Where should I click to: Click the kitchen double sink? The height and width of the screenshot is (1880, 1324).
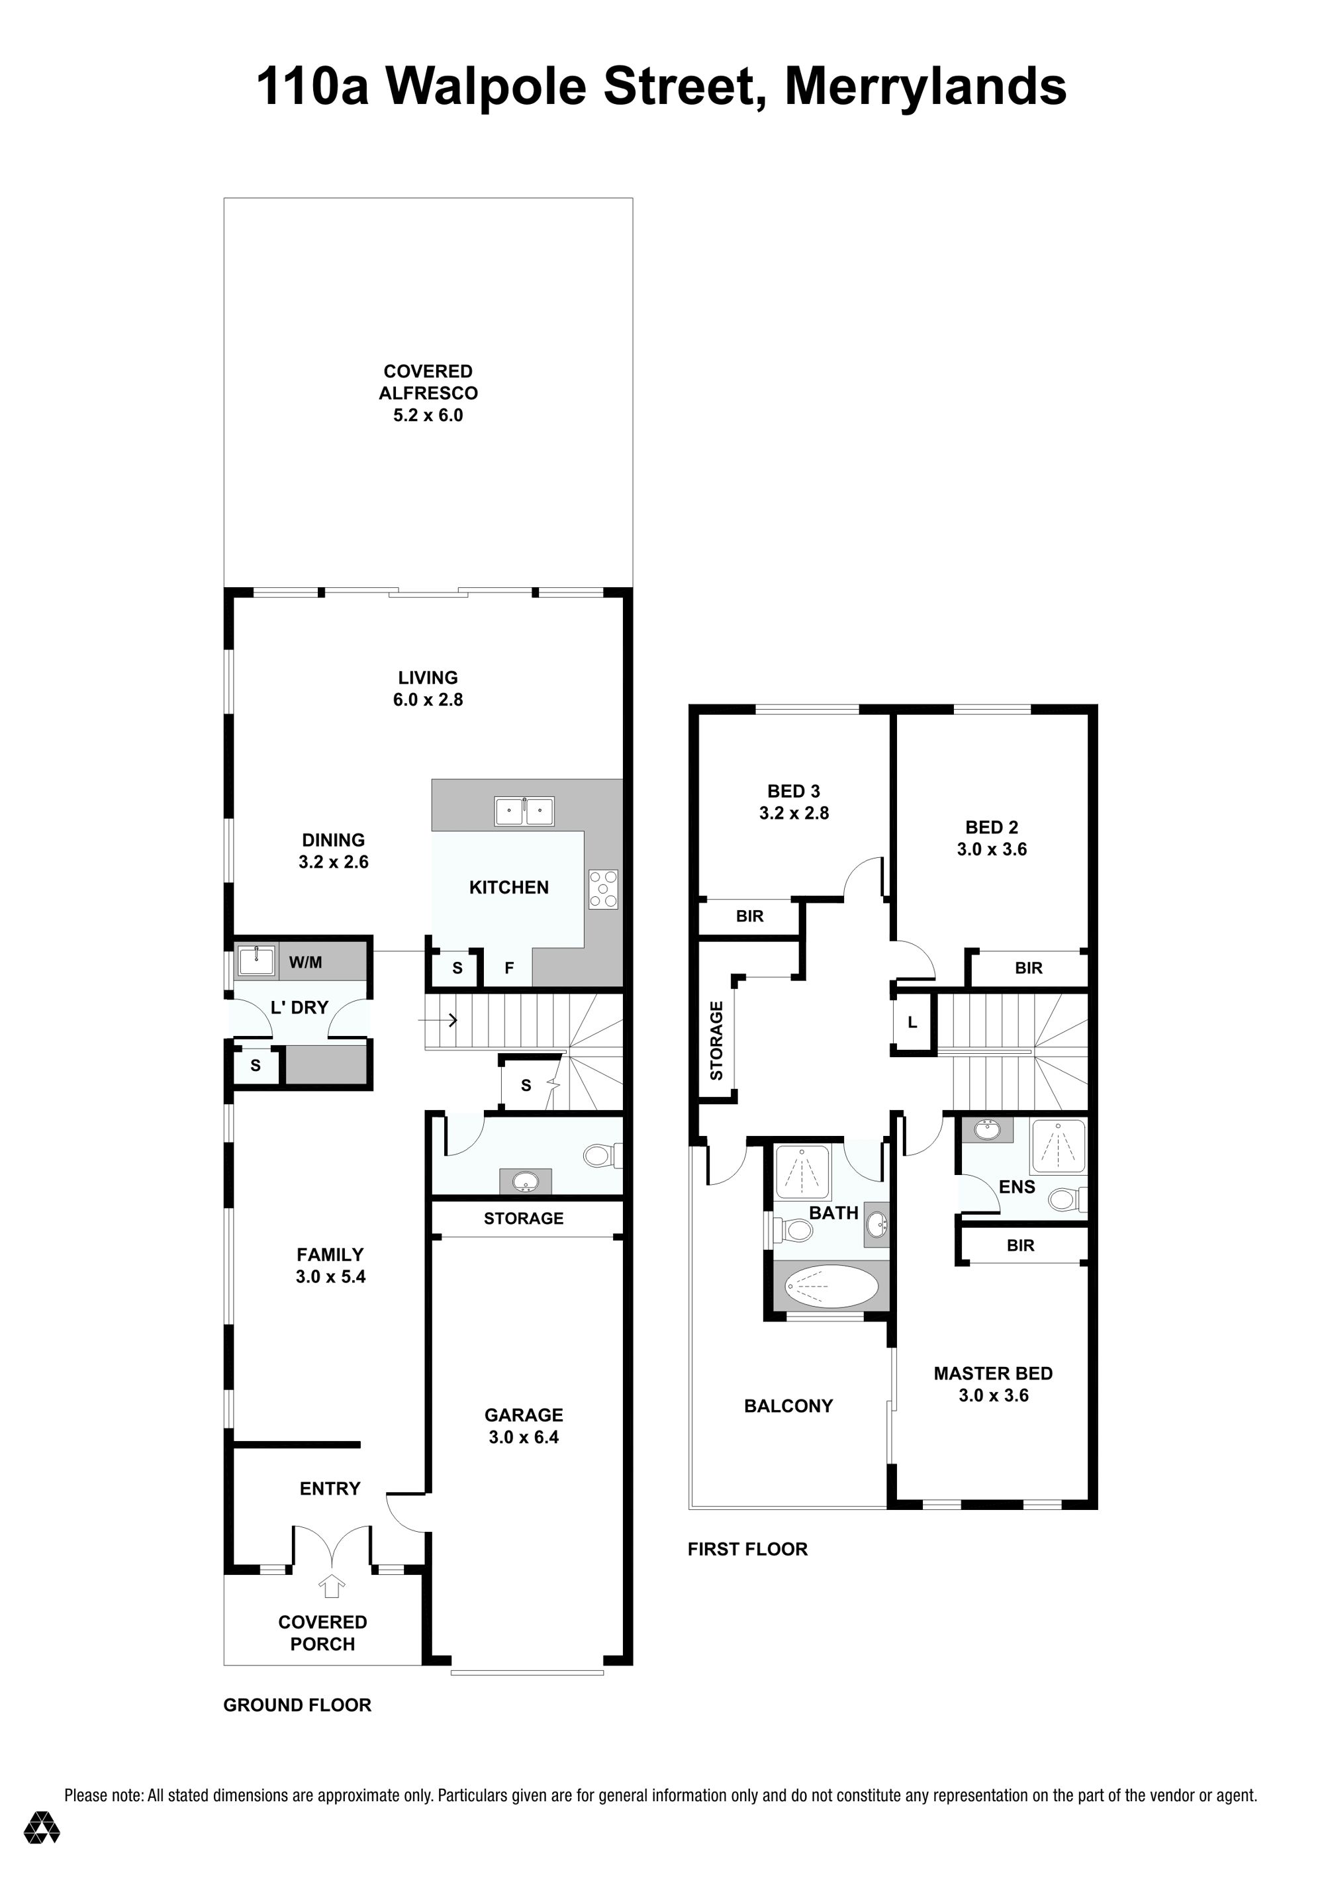coord(524,811)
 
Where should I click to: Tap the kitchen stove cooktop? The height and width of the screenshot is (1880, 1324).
coord(604,889)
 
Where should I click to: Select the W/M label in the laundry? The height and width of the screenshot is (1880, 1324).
coord(305,963)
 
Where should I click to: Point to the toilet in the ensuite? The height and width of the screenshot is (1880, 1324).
coord(1067,1199)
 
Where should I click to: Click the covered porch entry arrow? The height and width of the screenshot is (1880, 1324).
coord(331,1586)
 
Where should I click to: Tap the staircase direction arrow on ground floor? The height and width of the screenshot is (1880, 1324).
coord(437,1020)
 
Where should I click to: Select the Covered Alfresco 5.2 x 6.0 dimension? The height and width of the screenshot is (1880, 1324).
coord(428,415)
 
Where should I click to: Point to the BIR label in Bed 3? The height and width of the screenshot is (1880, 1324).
coord(750,916)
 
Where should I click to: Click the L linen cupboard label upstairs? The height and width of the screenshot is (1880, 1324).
coord(912,1023)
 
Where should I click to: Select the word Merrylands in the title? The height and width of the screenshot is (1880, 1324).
coord(926,87)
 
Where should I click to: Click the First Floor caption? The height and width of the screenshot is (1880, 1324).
coord(747,1549)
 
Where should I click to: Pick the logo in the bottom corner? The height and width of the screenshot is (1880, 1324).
coord(42,1850)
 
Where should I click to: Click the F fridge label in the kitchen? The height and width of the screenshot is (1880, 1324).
coord(509,968)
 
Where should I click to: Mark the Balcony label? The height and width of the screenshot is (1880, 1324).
coord(788,1406)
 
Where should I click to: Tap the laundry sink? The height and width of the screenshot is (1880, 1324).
coord(256,961)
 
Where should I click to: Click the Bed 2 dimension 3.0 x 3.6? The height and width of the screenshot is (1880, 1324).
coord(992,849)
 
